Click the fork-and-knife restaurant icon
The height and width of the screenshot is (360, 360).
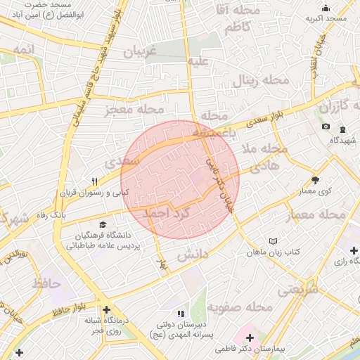coord(94,181)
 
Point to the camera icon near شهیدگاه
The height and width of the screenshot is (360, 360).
coord(325,127)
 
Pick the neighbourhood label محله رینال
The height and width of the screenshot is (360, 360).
coord(261,80)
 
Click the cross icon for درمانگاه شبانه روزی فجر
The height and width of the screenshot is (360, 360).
coord(105,309)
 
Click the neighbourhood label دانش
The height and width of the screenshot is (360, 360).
coord(189,255)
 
